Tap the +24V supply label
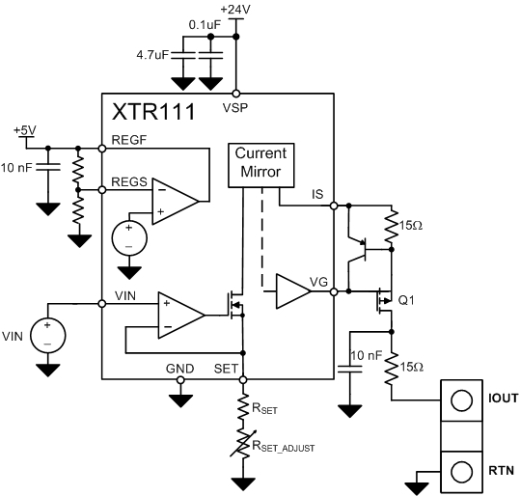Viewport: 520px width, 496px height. (235, 9)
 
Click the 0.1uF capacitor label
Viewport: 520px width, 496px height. (204, 24)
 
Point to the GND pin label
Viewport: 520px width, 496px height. (180, 368)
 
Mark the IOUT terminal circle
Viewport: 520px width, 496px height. (460, 399)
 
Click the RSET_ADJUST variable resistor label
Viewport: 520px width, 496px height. (285, 446)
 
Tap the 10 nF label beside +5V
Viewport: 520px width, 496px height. (21, 169)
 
